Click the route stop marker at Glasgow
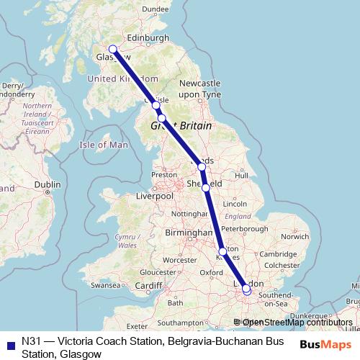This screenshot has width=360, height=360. pyautogui.click(x=112, y=50)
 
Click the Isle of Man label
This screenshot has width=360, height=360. pyautogui.click(x=104, y=145)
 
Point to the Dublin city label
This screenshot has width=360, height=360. pyautogui.click(x=47, y=184)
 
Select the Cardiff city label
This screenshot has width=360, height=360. pyautogui.click(x=148, y=285)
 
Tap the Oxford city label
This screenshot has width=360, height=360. pyautogui.click(x=211, y=273)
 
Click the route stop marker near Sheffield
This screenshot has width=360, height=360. pyautogui.click(x=206, y=187)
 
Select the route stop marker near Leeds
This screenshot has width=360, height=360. pyautogui.click(x=202, y=167)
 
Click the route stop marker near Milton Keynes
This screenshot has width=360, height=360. pyautogui.click(x=222, y=251)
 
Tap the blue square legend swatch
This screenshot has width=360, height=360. pyautogui.click(x=9, y=342)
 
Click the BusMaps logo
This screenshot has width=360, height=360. pyautogui.click(x=325, y=344)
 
